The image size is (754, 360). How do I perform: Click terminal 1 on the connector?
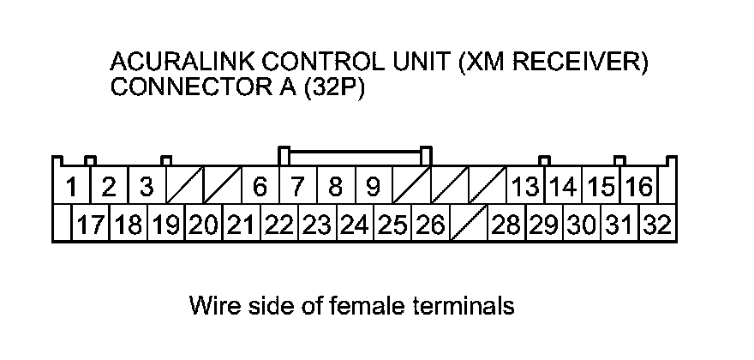[x=73, y=186]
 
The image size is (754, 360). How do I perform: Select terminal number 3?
[x=147, y=186]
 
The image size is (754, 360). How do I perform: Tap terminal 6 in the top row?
[x=260, y=186]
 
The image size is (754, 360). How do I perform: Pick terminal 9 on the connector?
[x=373, y=186]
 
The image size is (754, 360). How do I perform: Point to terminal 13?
[x=525, y=186]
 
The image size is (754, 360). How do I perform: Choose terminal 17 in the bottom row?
[x=90, y=225]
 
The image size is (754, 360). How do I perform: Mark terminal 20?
[x=203, y=225]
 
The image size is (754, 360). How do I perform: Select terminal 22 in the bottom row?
[x=278, y=225]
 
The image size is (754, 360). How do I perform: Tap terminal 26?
[x=429, y=225]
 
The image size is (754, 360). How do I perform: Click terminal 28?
[x=506, y=225]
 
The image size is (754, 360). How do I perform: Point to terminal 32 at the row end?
[x=657, y=225]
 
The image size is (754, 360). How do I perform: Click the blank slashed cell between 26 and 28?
[x=468, y=225]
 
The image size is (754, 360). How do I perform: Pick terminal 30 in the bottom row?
[x=582, y=225]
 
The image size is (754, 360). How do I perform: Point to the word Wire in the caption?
[x=213, y=305]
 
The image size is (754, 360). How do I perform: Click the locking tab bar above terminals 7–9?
[x=355, y=154]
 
